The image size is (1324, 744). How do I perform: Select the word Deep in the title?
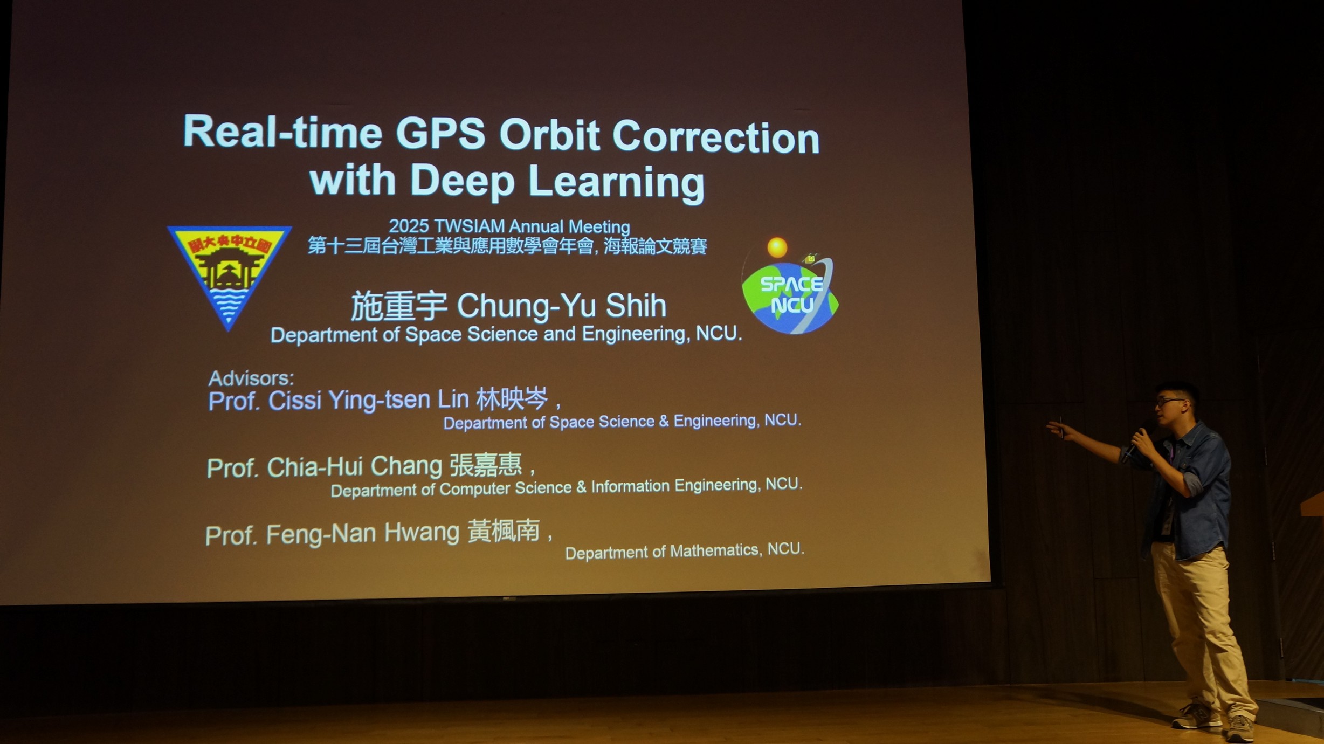(x=462, y=182)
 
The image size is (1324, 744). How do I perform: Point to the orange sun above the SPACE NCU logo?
(x=777, y=247)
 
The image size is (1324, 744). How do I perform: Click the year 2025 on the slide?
(x=409, y=226)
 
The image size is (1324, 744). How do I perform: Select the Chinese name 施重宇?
(x=399, y=306)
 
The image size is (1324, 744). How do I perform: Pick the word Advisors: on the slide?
(x=251, y=378)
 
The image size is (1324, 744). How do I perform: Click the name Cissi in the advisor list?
(x=295, y=401)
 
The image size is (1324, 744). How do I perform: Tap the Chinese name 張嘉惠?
(x=486, y=465)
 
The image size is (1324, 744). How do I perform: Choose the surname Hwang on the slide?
(x=422, y=533)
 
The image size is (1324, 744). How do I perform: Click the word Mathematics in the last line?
(x=716, y=551)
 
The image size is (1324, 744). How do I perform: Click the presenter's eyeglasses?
(x=1170, y=402)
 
